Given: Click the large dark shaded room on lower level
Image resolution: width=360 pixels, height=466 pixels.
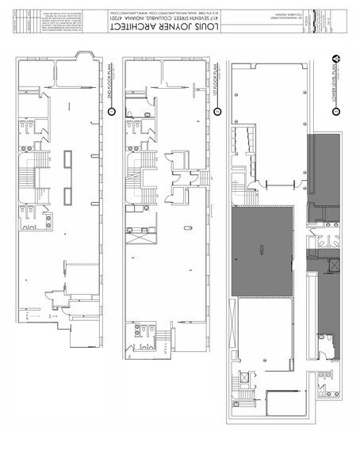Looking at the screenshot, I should coord(262,250).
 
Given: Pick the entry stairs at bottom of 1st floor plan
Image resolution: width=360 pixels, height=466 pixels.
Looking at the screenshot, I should coord(163,341).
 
